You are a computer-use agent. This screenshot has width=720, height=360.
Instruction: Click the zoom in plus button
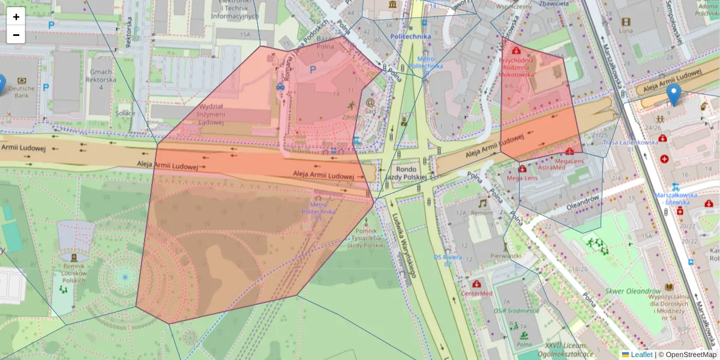16,17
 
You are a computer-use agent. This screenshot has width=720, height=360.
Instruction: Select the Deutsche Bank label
21,92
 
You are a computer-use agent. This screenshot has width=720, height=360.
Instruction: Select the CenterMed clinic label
477,293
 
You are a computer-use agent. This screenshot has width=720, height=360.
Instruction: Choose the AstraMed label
551,168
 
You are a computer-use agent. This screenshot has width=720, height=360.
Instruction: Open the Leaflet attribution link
641,355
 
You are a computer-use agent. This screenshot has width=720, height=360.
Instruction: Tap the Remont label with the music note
482,213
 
